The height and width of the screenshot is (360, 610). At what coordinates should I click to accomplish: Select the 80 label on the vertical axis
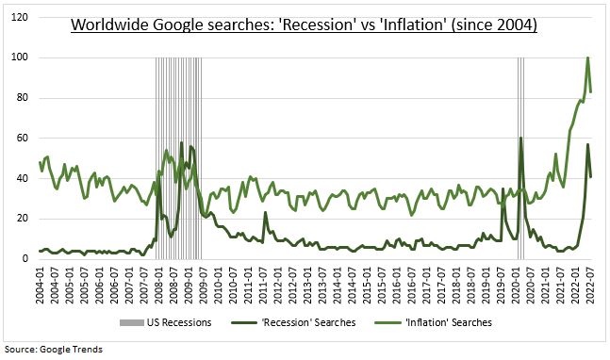pos(25,98)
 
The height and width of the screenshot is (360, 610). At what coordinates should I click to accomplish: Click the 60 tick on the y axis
pos(25,138)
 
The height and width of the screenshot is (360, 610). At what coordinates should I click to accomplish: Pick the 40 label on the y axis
pos(25,178)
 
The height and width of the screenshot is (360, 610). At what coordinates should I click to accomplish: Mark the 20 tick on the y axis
pos(25,219)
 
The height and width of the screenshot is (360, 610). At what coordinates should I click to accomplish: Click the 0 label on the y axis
pos(28,259)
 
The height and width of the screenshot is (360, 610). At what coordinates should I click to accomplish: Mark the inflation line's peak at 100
pos(587,57)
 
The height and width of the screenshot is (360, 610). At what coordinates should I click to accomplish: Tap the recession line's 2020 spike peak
pos(521,138)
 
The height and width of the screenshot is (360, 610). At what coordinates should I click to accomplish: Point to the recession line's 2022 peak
pos(587,144)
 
